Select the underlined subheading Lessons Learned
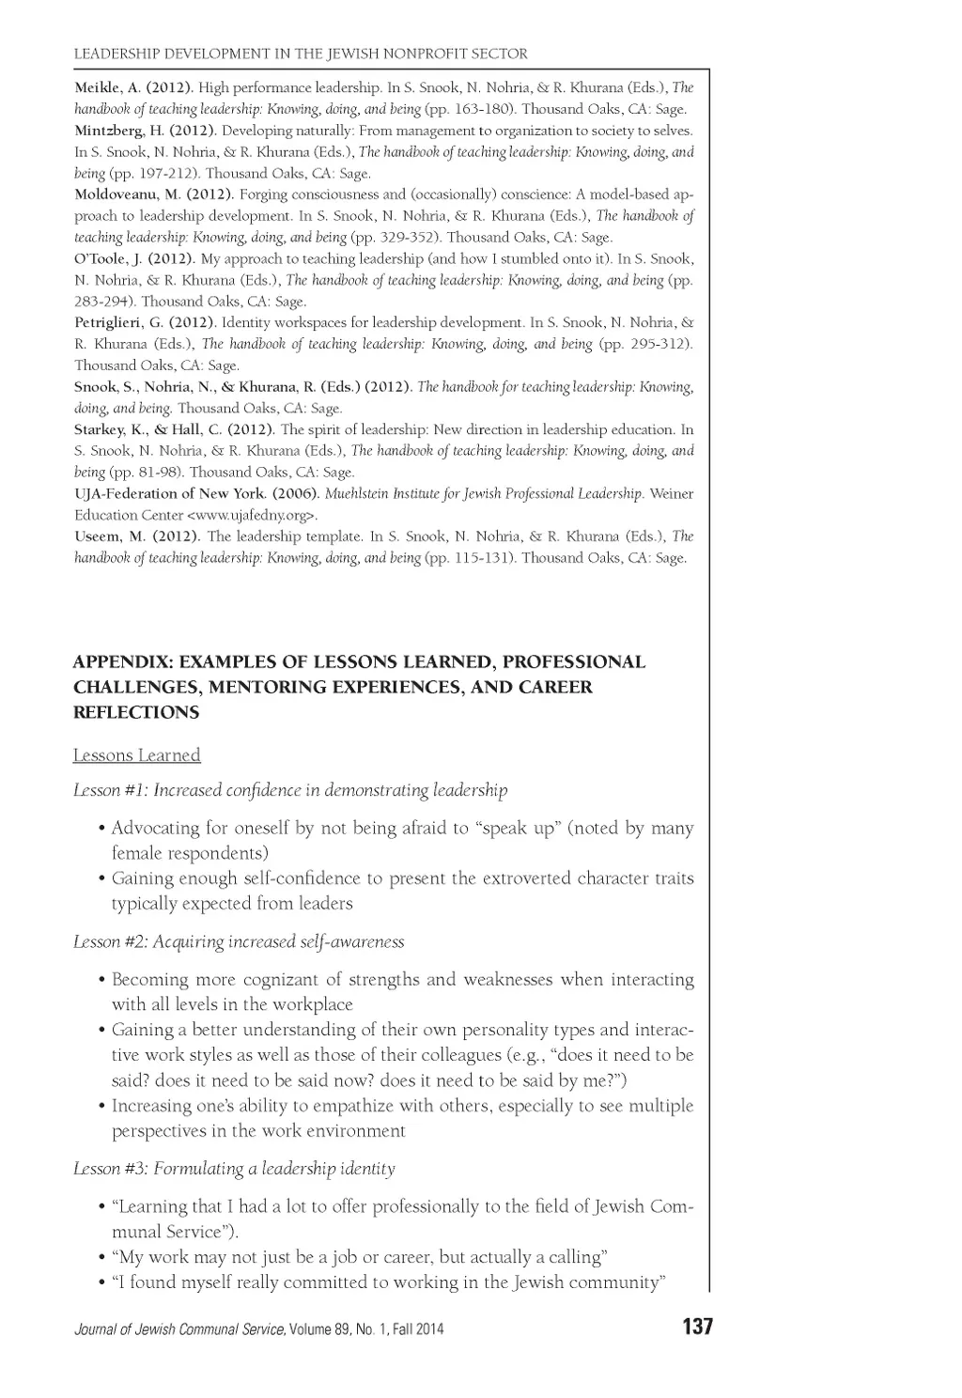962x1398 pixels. click(137, 755)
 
